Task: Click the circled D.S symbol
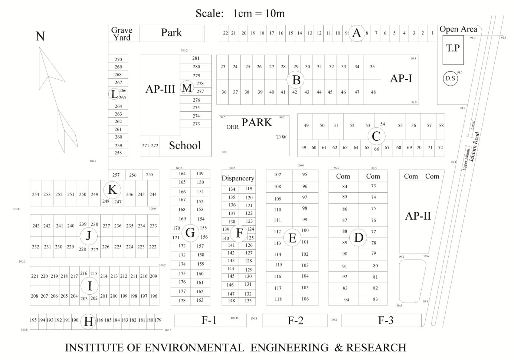[x=450, y=79]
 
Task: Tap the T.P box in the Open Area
[x=453, y=48]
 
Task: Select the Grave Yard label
[x=122, y=34]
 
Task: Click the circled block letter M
[x=187, y=88]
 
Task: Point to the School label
[x=184, y=145]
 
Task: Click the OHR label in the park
[x=232, y=127]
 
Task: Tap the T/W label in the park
[x=281, y=137]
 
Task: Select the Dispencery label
[x=238, y=178]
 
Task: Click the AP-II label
[x=418, y=216]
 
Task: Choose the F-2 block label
[x=295, y=320]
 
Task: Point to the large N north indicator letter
[x=40, y=36]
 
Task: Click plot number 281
[x=196, y=58]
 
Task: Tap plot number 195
[x=33, y=320]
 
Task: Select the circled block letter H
[x=88, y=321]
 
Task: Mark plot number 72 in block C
[x=440, y=147]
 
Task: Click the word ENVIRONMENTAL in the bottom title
[x=194, y=348]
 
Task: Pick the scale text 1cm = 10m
[x=259, y=14]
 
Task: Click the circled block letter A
[x=357, y=33]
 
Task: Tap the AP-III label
[x=160, y=89]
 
